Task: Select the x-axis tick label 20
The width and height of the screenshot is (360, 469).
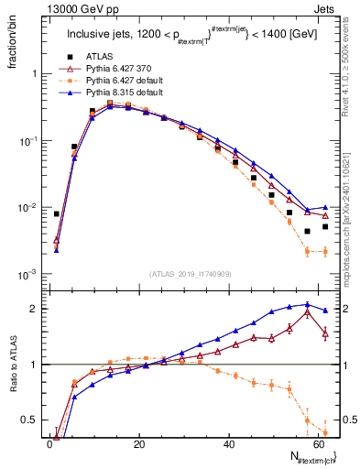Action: coord(139,444)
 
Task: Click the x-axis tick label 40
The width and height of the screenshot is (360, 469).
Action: coord(229,444)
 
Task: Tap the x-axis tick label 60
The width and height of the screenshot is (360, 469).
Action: coord(319,444)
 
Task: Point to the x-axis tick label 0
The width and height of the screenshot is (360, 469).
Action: coord(49,444)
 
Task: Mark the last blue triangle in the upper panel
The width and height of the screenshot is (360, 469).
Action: coord(325,207)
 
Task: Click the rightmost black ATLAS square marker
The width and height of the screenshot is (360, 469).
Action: coord(325,226)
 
